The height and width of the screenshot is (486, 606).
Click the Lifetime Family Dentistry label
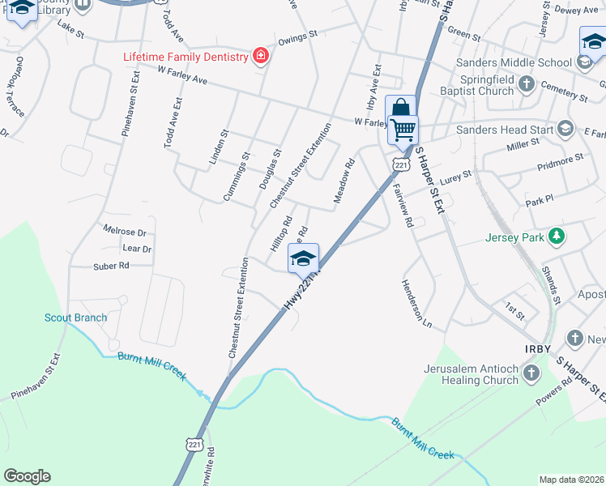click(185, 57)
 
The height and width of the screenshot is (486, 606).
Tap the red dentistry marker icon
click(260, 56)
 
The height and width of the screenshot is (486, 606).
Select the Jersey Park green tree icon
click(556, 237)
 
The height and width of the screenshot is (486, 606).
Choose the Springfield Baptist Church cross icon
click(527, 83)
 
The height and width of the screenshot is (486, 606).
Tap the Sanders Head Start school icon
click(565, 129)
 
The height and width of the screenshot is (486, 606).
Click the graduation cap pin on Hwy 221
click(303, 258)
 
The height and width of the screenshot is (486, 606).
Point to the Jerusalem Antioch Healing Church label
click(471, 374)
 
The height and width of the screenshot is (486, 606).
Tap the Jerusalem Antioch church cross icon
click(531, 373)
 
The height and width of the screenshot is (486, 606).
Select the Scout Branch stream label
click(75, 318)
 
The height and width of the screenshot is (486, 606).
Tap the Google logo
click(27, 476)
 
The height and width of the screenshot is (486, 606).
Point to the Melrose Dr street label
click(125, 232)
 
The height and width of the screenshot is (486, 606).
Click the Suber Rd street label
click(112, 265)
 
